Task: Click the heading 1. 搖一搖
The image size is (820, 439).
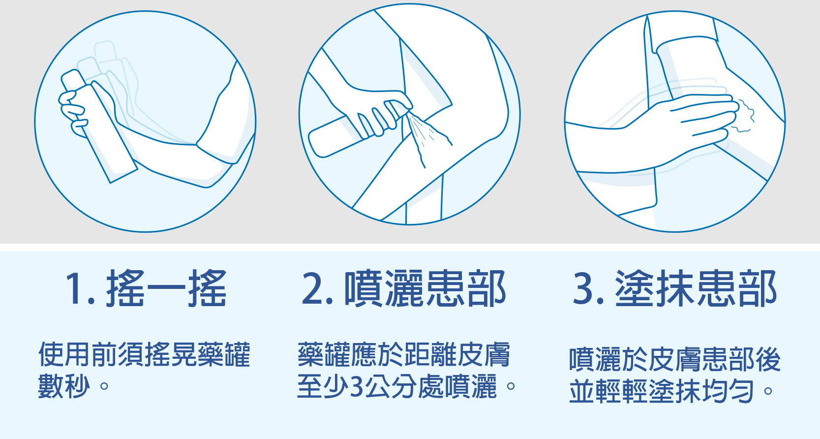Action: [146, 288]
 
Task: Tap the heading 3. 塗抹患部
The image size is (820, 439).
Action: [675, 288]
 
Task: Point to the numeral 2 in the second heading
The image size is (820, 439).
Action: [313, 288]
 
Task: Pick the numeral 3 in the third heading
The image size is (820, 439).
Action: [583, 288]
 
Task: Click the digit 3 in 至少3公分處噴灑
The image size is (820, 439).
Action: [356, 387]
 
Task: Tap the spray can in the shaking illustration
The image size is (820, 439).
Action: [99, 126]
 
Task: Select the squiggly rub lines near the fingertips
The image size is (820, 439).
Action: [743, 115]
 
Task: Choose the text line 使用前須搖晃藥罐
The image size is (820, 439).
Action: [144, 355]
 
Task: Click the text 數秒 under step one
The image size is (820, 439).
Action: [64, 386]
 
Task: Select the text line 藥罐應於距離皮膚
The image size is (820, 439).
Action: [404, 355]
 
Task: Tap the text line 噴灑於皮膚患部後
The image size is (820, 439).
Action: [675, 360]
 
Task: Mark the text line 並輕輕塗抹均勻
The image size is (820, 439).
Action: [662, 391]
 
